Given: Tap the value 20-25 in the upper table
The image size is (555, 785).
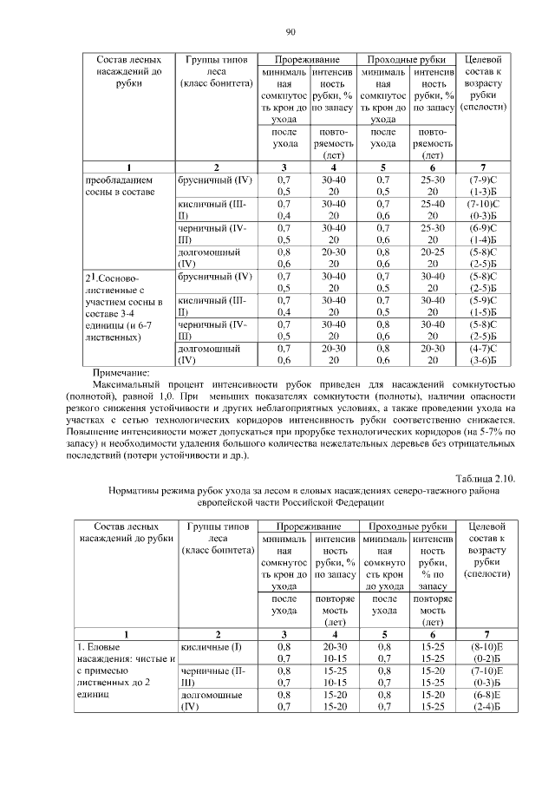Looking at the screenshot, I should pos(433,251).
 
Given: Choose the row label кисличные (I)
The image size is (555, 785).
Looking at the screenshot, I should pos(211,646).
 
